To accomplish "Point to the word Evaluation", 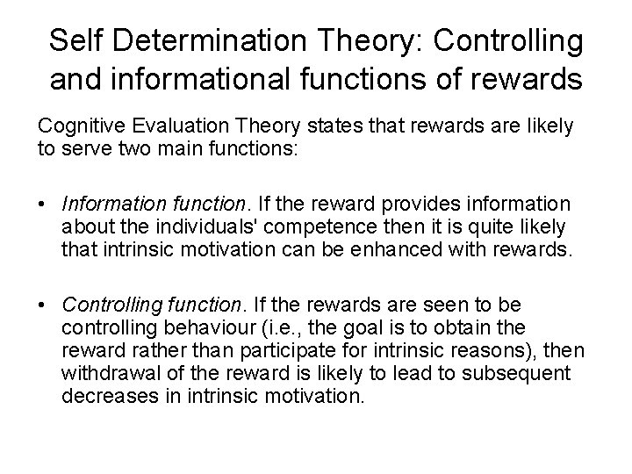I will pos(174,126).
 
